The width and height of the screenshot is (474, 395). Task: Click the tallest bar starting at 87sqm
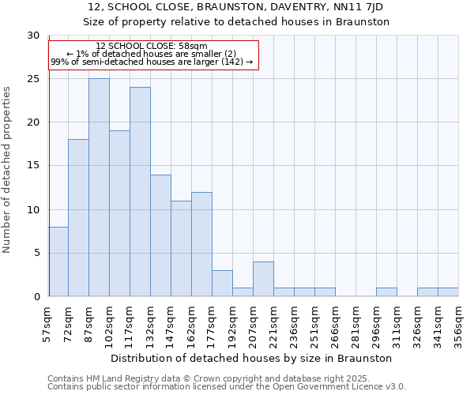[x=99, y=187]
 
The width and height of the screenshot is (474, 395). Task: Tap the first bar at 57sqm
[x=58, y=261]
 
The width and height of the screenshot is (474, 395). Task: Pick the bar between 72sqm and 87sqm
[x=78, y=217]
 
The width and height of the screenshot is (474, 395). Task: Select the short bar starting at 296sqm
[x=386, y=292]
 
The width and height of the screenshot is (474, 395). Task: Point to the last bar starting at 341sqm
[x=448, y=292]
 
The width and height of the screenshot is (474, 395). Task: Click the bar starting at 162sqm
[x=201, y=244]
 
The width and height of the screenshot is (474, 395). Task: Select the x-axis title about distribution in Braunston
[x=253, y=358]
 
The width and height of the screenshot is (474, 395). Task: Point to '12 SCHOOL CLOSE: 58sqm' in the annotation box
[x=151, y=47]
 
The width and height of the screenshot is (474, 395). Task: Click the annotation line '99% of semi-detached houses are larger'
[x=151, y=62]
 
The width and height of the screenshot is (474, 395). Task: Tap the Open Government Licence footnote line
[x=227, y=387]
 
